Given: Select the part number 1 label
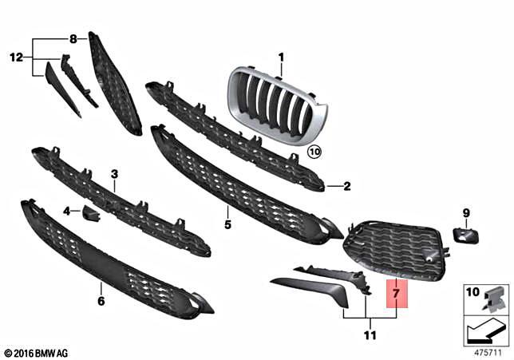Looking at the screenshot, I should pos(281,57).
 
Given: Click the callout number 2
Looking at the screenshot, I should pos(347,187).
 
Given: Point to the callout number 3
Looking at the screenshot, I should pos(114,174).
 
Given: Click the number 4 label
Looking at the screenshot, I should pos(67,212).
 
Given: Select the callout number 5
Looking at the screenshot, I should pos(227,225).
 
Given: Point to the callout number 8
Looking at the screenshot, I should pos(73,38).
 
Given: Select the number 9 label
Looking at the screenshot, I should pos(467,212).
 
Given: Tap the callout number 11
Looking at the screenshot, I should pos(370,335).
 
